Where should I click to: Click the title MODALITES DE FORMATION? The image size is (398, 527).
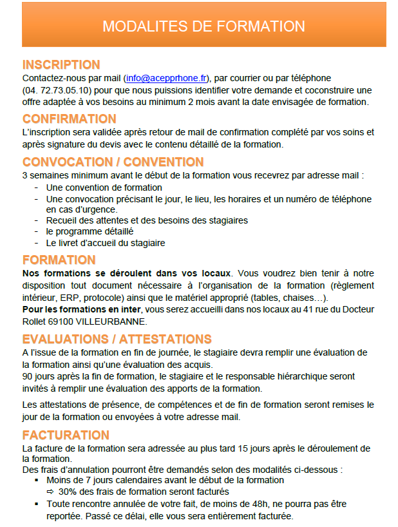pos(204,26)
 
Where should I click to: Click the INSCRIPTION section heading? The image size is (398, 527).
pos(61,64)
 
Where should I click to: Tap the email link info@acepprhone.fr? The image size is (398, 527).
pos(167,77)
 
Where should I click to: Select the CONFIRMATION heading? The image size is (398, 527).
pos(70,119)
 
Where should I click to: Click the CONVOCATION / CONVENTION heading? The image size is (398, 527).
pos(113,162)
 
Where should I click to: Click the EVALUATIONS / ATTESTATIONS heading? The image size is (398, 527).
pos(117,339)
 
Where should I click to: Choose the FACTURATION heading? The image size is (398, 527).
pos(66,436)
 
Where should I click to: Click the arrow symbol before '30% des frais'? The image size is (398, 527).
pos(50,492)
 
